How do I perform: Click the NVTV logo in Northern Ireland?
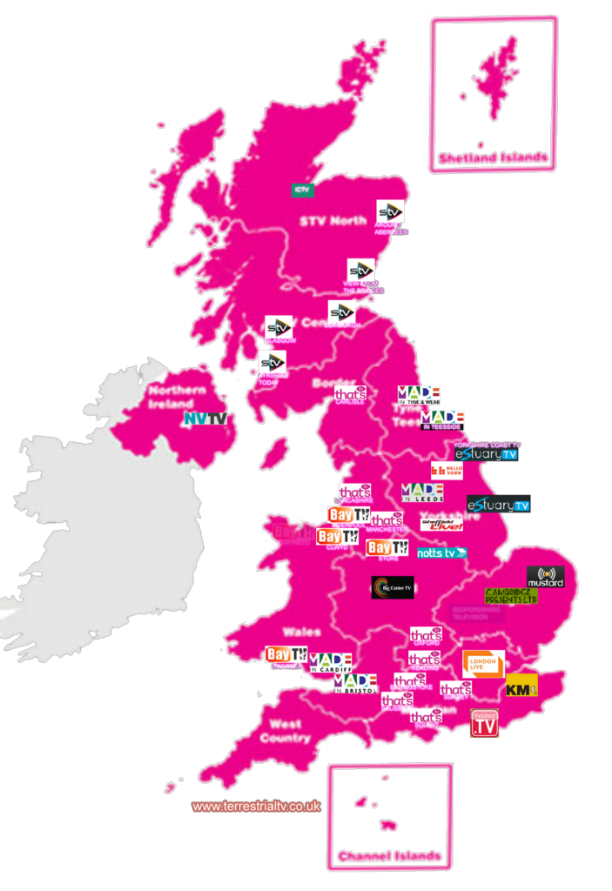(x=205, y=419)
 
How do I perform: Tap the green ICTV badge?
(x=302, y=190)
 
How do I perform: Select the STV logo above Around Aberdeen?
(x=390, y=211)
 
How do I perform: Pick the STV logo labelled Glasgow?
(x=279, y=327)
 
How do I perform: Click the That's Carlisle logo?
(x=350, y=394)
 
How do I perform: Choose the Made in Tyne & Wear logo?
(x=419, y=395)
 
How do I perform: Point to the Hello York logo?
(x=447, y=471)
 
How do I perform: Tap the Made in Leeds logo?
(x=422, y=492)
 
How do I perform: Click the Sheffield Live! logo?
(x=441, y=523)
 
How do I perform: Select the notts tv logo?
(x=442, y=553)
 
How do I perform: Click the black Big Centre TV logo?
(x=393, y=587)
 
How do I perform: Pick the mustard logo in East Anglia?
(x=546, y=576)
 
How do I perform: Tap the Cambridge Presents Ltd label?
(x=511, y=596)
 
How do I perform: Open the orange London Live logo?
(x=483, y=663)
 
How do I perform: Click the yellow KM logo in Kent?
(x=521, y=687)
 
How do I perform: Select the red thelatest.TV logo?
(x=484, y=724)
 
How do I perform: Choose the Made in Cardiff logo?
(x=331, y=663)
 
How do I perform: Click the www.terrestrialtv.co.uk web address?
(x=256, y=807)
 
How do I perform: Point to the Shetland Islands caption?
(x=493, y=157)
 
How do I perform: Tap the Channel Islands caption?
(x=390, y=856)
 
